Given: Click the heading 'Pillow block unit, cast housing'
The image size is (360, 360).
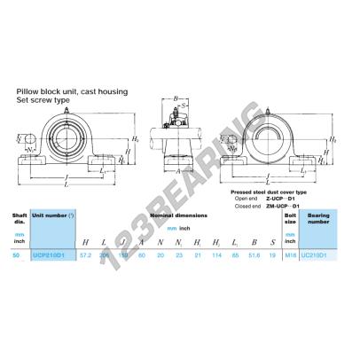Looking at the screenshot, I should click(67, 90).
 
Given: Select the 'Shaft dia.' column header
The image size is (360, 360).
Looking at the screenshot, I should click(18, 217).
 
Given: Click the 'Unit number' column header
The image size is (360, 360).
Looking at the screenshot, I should click(54, 215).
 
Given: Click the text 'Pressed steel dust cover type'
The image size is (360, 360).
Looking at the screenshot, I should click(268, 191).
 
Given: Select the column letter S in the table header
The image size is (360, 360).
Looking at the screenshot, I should click(270, 241).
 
